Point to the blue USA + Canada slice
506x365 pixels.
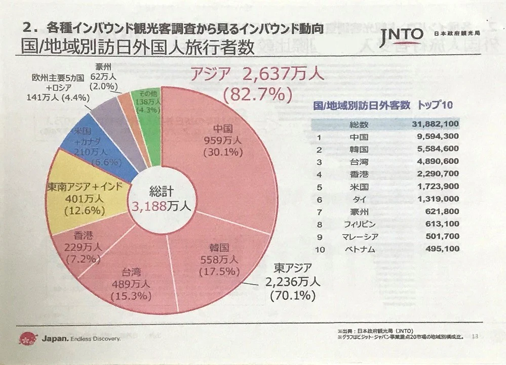pos(96,149)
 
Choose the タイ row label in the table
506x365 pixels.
pos(361,199)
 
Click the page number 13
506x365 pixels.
pos(474,336)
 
